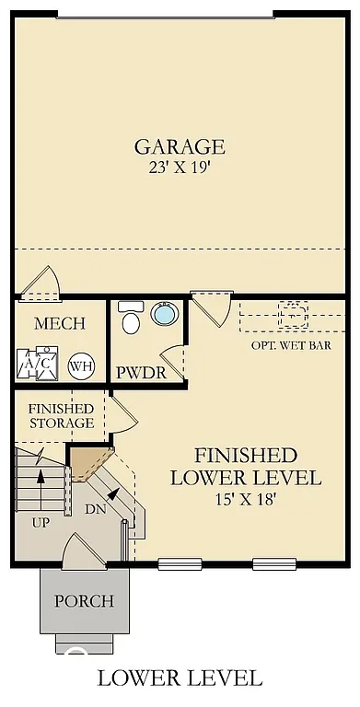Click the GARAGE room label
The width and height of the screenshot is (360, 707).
(180, 146)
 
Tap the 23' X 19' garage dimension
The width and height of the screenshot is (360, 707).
(180, 168)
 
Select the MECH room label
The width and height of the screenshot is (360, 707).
(60, 324)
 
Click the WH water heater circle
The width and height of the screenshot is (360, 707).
(81, 365)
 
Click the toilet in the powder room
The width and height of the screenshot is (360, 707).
(132, 319)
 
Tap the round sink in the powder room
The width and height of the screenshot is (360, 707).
(164, 315)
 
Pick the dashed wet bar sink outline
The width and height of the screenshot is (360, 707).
(294, 315)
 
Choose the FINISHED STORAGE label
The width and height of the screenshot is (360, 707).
(62, 415)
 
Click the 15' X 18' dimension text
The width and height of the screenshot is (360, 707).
(245, 499)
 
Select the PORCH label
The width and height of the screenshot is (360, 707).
(84, 601)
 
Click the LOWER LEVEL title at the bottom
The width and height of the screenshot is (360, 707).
(180, 678)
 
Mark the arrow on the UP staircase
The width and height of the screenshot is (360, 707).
(40, 476)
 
